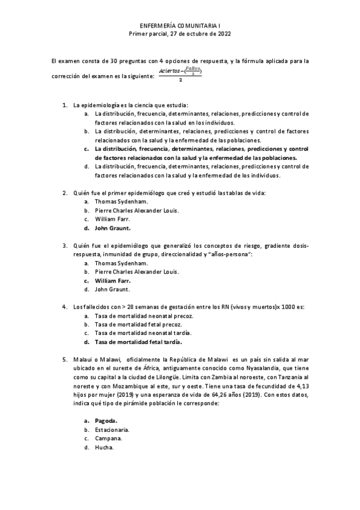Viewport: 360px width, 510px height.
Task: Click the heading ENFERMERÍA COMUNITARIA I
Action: click(x=180, y=26)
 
